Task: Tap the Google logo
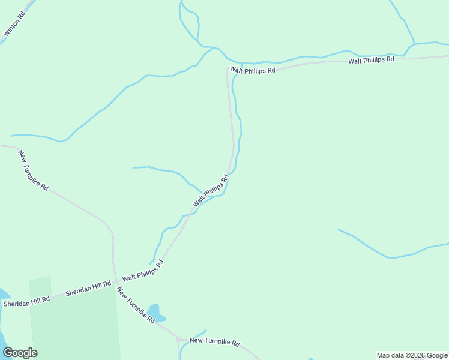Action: (x=20, y=352)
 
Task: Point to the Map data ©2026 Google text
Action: (x=412, y=355)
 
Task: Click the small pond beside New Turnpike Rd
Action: (x=155, y=313)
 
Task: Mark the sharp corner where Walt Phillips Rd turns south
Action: (x=228, y=70)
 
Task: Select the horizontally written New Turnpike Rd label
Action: (x=214, y=343)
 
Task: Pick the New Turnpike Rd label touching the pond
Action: (x=136, y=305)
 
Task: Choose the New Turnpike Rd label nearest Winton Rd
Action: (x=33, y=170)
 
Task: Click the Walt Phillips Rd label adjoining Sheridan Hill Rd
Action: (x=143, y=271)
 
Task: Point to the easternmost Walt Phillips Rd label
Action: (x=371, y=59)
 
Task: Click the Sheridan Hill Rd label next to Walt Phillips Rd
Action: (x=88, y=288)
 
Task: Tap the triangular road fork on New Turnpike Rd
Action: (x=179, y=340)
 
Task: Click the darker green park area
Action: (x=72, y=324)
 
